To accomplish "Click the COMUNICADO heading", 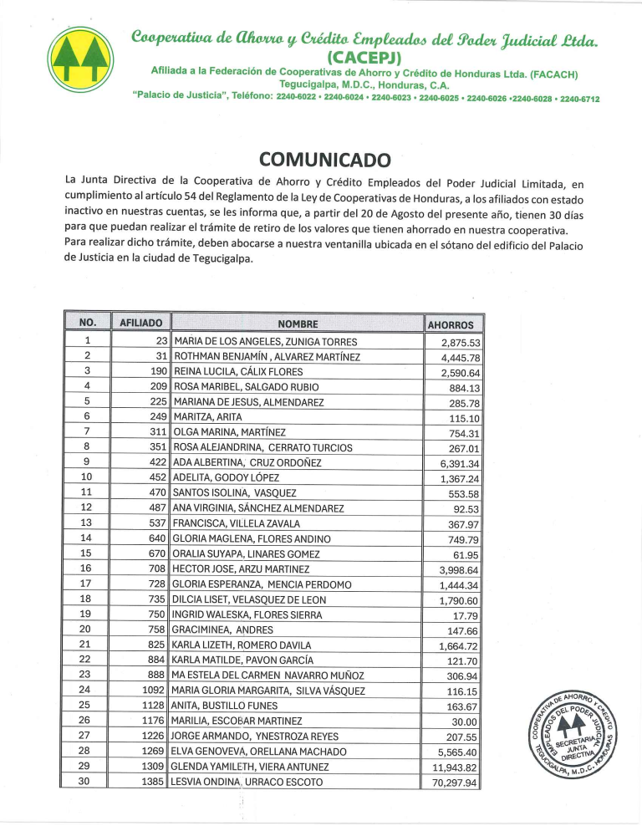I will coord(325,159).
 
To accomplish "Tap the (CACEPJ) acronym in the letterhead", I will coord(365,58).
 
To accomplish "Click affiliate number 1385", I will coord(152,783).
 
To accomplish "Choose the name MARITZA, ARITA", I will coord(206,416).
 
